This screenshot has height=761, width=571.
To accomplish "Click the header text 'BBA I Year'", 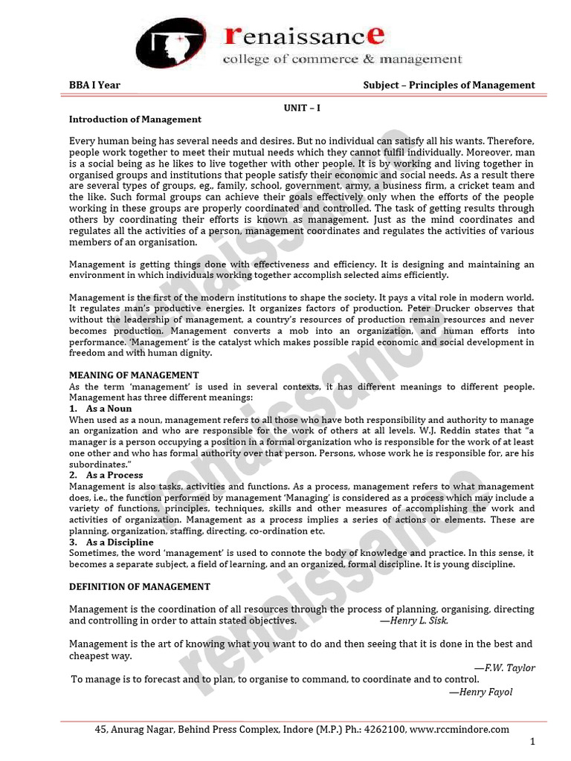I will (94, 85).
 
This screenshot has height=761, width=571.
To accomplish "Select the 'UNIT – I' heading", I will (302, 108).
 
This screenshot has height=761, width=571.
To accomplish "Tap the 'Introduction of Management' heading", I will (135, 119).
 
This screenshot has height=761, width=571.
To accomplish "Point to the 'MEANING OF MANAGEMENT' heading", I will (134, 375).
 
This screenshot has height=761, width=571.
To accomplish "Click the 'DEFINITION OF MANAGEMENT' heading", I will (140, 587).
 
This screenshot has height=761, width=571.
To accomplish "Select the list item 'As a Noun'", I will (109, 409).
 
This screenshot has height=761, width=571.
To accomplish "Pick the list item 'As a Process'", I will (114, 475).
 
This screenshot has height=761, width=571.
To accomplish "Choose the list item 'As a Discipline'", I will (120, 543).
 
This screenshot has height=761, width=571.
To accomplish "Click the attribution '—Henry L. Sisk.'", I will (414, 621).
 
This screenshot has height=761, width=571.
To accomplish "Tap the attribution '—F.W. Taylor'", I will (505, 668).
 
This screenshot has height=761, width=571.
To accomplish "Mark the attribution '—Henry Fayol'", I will (480, 692).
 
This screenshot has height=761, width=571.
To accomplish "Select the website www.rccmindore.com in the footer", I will (459, 730).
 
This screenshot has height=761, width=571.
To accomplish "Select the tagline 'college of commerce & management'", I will (343, 59).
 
